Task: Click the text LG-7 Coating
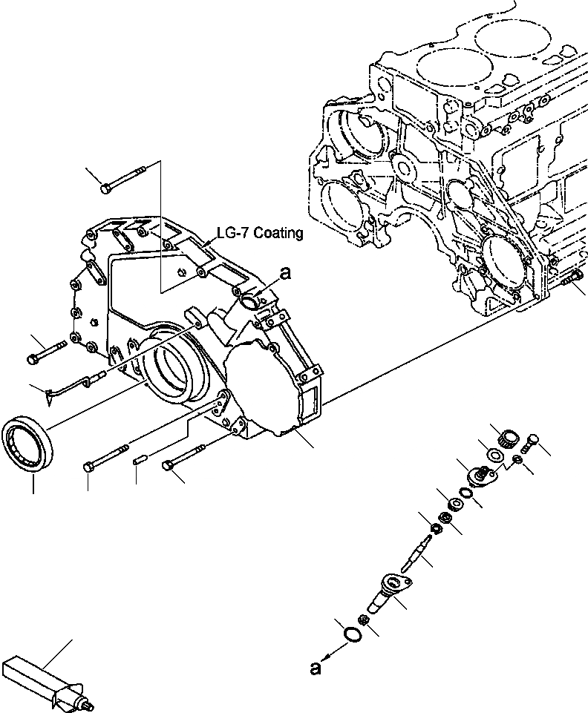point(259,233)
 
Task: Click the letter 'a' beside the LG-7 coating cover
point(286,275)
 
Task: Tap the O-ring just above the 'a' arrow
point(353,635)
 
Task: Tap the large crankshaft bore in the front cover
point(177,369)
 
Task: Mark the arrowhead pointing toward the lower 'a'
point(330,655)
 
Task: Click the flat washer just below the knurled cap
point(492,454)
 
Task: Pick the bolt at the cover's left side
point(46,351)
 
